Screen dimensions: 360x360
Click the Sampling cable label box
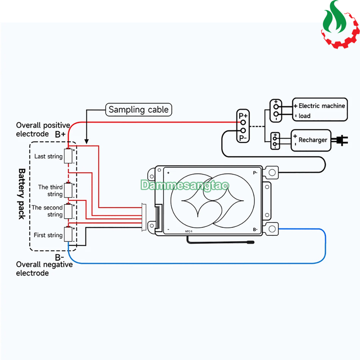point(139,110)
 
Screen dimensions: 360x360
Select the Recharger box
point(310,140)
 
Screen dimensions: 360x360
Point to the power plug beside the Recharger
point(341,140)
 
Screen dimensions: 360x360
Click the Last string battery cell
point(68,156)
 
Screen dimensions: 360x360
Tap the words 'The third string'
point(50,191)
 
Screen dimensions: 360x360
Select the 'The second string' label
point(47,211)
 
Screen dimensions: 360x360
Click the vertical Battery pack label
point(22,194)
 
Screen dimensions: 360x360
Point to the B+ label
point(60,134)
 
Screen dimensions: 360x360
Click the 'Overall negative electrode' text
point(44,269)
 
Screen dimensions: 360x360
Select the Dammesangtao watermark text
point(185,185)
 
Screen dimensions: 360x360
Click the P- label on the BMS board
point(255,173)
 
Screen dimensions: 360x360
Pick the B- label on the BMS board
point(255,230)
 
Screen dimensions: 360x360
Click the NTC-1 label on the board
point(189,231)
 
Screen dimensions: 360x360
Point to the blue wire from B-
point(197,263)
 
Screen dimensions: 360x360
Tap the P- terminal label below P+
point(243,138)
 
